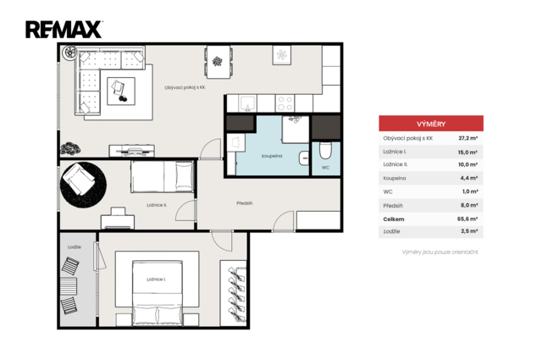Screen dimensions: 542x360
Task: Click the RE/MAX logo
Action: point(64,30)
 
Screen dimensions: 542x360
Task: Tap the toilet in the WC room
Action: point(325,150)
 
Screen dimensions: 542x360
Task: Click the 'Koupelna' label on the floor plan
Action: point(272,156)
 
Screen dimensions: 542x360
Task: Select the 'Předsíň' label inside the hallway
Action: point(245,203)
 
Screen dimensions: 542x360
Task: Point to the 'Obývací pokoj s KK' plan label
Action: point(185,87)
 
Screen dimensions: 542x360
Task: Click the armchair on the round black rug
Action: point(79,180)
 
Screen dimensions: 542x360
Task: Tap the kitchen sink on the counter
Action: point(247,103)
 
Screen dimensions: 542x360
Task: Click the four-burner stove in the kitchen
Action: point(285,103)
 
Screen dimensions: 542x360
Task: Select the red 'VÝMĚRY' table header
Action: point(431,124)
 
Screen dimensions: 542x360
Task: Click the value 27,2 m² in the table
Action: point(468,138)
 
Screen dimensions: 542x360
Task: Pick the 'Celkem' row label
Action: point(394,219)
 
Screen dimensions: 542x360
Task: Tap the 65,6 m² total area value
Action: point(467,219)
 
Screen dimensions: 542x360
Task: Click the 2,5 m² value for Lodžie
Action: point(469,231)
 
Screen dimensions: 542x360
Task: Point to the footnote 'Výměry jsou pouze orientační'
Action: point(440,252)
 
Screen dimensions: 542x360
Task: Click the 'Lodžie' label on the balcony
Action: point(75,246)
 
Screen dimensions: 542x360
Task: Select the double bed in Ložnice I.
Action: point(158,293)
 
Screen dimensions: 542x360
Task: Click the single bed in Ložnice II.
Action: point(162,176)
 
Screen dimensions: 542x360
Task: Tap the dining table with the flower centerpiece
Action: point(218,62)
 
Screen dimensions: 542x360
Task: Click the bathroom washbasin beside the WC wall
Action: point(304,158)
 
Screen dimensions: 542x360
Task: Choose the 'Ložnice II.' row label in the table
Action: point(395,164)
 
